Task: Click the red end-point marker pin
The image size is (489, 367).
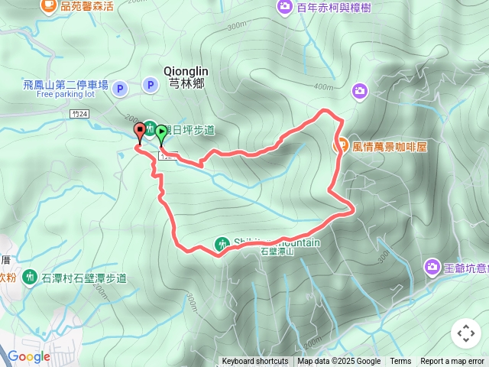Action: pyautogui.click(x=141, y=131)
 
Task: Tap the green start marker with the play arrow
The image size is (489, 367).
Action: pyautogui.click(x=162, y=133)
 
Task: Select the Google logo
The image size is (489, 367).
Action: pyautogui.click(x=28, y=356)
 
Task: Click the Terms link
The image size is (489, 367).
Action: pyautogui.click(x=400, y=362)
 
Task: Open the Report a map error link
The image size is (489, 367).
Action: pyautogui.click(x=452, y=362)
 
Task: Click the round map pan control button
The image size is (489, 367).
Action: pyautogui.click(x=466, y=333)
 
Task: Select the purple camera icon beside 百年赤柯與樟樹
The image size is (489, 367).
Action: pyautogui.click(x=284, y=8)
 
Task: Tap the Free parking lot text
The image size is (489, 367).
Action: pyautogui.click(x=65, y=95)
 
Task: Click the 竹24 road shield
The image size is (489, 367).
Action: pyautogui.click(x=79, y=113)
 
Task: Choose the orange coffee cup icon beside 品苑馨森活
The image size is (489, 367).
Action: pyautogui.click(x=49, y=6)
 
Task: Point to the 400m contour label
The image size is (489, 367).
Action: pyautogui.click(x=325, y=86)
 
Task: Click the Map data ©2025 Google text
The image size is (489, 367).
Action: pyautogui.click(x=338, y=362)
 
